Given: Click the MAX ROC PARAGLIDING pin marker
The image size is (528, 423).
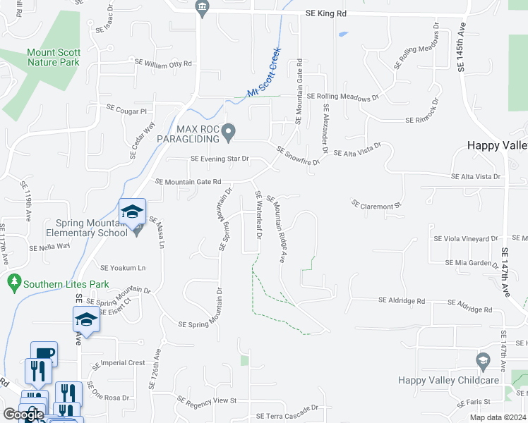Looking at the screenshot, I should (228, 131).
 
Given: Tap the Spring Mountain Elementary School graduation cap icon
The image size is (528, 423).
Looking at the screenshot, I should (132, 210).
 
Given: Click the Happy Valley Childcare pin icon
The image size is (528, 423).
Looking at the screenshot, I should (483, 361).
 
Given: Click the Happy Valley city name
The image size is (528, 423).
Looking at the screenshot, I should (497, 145).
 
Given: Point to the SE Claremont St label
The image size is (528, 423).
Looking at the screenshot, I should (376, 204).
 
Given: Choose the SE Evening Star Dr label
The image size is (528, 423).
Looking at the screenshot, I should (220, 159).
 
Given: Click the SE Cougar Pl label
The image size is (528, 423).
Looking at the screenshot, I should (126, 111).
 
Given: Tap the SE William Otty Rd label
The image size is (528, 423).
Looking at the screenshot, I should (163, 63).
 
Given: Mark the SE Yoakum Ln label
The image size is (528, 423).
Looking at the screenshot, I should (123, 268).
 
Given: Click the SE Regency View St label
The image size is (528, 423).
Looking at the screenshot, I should (206, 401).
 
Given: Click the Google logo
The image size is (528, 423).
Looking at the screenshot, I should (24, 415).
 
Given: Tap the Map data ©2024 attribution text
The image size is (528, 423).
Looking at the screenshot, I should (498, 417).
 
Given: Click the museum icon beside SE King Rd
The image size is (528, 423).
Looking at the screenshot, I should (201, 8).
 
